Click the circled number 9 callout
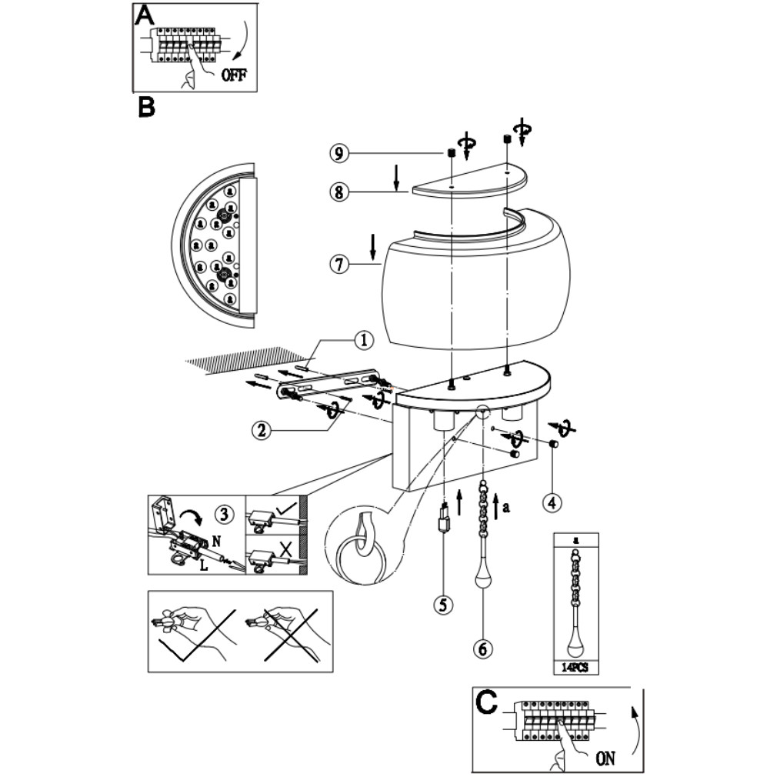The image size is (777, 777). [339, 153]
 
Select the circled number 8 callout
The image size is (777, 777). [339, 192]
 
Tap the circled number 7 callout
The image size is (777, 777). [339, 264]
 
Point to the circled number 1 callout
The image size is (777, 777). [364, 341]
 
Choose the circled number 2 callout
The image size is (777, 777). [261, 429]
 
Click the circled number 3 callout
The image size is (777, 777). [225, 515]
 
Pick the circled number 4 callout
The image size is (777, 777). [552, 502]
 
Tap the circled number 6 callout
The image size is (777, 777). [483, 649]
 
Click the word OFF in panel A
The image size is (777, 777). [233, 75]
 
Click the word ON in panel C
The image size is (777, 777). [605, 759]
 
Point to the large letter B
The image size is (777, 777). [147, 106]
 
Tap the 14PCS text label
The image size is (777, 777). [575, 668]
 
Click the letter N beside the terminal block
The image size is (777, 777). [216, 541]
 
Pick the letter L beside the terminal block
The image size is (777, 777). [204, 565]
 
